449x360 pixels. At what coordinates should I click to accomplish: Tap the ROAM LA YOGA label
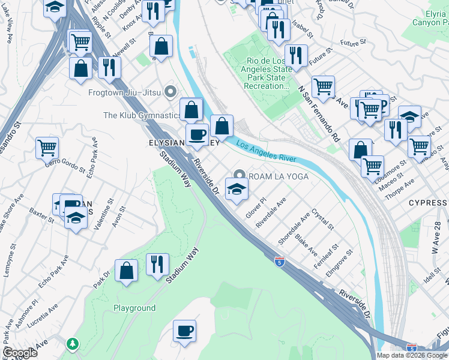278,176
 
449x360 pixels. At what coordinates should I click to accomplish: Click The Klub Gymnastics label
142,115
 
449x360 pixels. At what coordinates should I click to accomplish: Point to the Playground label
134,308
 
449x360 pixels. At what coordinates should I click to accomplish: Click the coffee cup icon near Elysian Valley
197,135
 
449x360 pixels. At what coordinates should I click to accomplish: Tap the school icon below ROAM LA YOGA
237,190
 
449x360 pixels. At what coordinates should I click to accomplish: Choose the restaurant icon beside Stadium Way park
157,264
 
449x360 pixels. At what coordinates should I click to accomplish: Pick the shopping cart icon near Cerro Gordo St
47,147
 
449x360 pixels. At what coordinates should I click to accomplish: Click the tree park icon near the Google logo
73,344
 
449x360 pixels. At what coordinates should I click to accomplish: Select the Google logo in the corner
19,353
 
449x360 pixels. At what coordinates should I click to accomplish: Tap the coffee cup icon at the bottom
184,331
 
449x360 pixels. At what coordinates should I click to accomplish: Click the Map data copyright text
411,355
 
